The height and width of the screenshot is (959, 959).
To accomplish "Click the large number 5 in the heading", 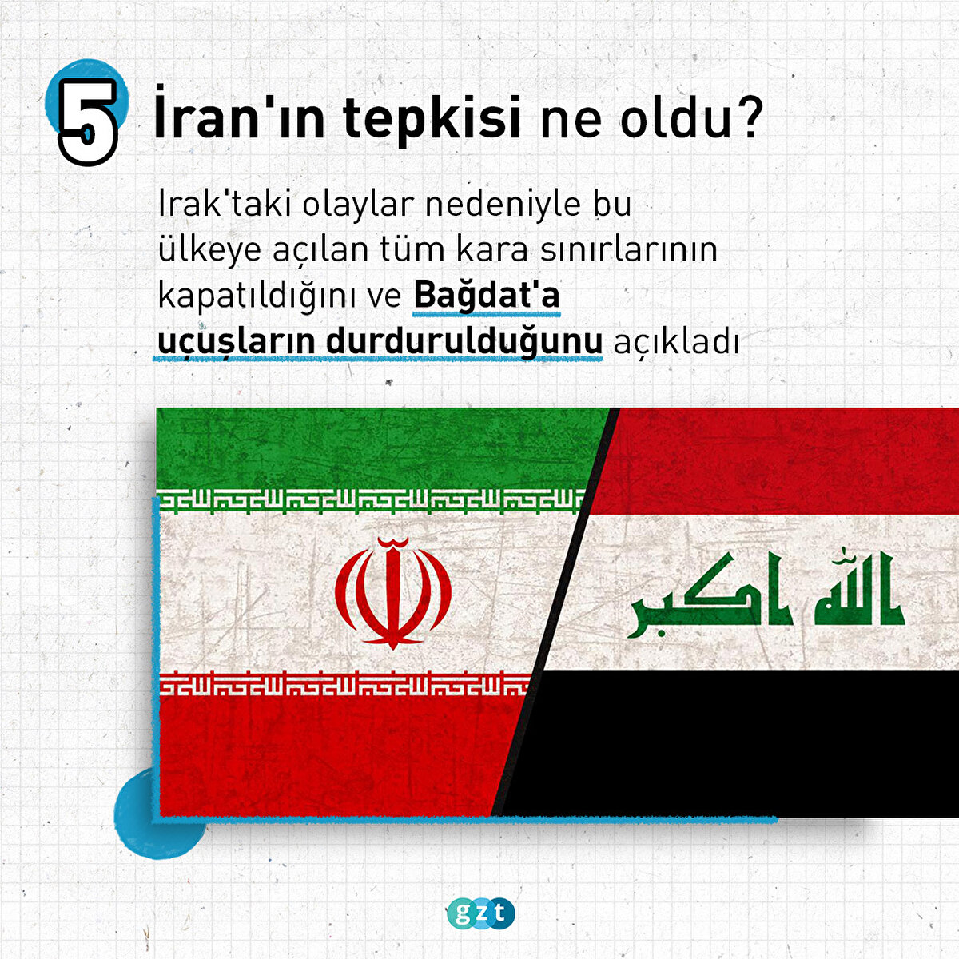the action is click(x=88, y=122).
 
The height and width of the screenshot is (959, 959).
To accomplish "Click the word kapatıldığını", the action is click(x=280, y=296).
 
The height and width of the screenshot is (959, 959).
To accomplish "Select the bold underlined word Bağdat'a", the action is click(x=487, y=295).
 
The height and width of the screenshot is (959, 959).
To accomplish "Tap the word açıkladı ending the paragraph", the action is click(x=676, y=342).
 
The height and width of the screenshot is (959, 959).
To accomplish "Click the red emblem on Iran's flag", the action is click(x=392, y=593).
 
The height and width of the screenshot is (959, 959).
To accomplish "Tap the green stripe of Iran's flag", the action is click(x=378, y=448).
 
